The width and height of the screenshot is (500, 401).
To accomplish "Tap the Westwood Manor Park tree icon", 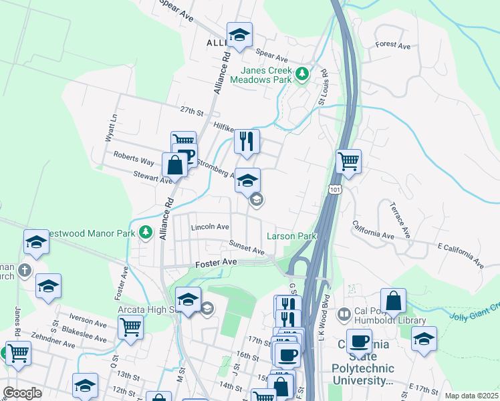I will [x=146, y=232].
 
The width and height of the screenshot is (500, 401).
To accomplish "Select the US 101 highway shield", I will [x=335, y=190].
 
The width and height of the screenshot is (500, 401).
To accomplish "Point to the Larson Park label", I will [x=291, y=236].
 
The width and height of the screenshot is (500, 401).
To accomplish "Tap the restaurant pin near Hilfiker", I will [x=247, y=142].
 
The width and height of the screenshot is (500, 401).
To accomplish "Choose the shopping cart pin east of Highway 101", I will [x=348, y=161].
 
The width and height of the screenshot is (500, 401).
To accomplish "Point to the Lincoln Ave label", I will [x=210, y=227].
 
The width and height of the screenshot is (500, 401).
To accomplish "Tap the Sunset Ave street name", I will [x=247, y=247].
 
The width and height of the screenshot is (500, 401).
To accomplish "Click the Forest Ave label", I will [x=393, y=45].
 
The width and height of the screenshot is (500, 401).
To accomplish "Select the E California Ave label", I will [x=461, y=255].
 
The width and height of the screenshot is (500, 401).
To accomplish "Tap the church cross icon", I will [x=24, y=270].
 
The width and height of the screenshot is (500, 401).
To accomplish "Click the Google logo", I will [x=23, y=393].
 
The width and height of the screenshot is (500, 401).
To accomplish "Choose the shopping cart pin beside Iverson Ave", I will [x=130, y=327].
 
